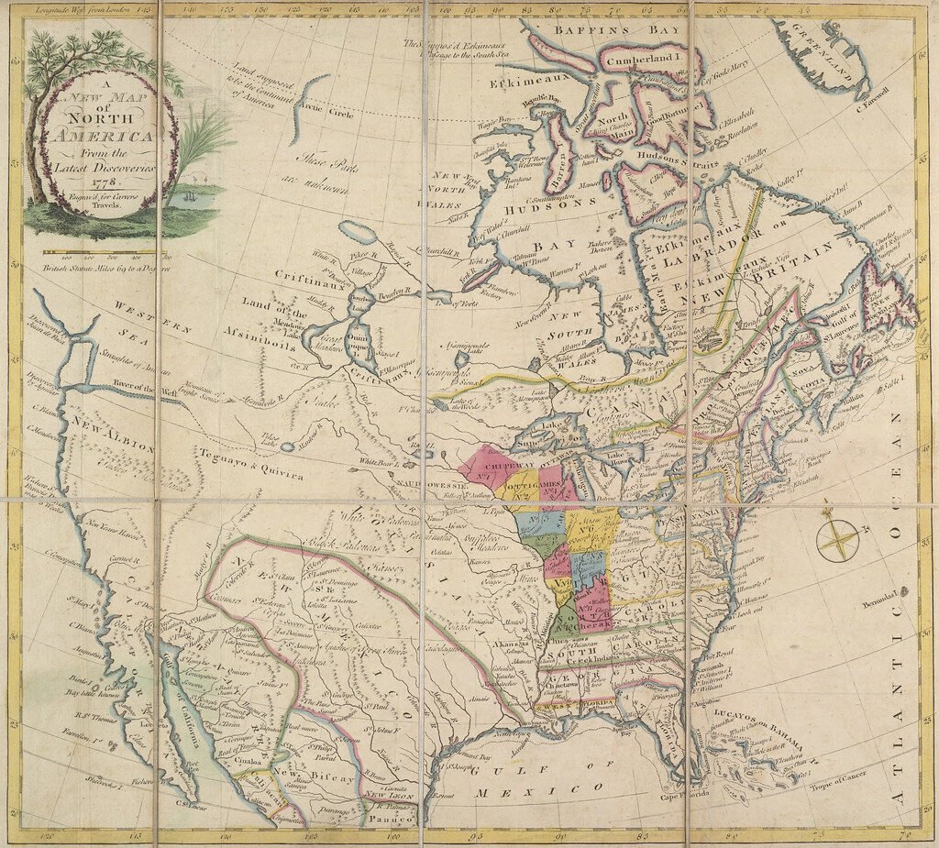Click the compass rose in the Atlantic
coord(837,540)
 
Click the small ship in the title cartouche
coord(188,195)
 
